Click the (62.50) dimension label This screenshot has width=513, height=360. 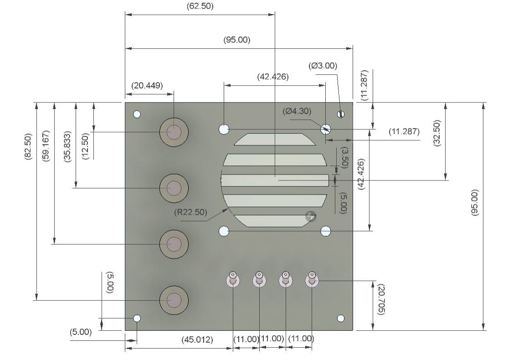tap(200, 6)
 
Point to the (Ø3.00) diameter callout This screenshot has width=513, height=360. tap(323, 66)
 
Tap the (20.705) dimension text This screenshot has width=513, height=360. tap(381, 299)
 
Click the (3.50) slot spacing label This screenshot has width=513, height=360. tap(344, 157)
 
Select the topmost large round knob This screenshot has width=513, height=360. tap(174, 132)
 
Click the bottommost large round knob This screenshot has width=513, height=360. tap(174, 300)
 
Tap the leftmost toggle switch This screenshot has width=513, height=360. tap(233, 279)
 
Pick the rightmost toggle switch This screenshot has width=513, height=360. tap(312, 279)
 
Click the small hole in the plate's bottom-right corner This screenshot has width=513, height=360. tap(341, 318)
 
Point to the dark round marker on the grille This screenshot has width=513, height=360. tap(311, 216)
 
